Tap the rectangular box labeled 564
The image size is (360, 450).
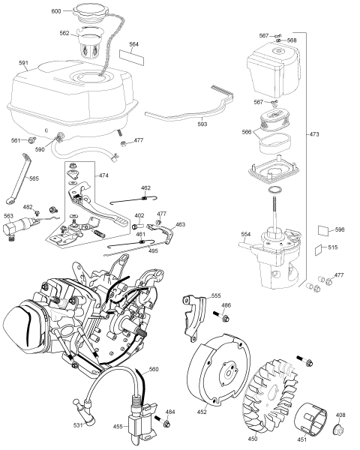tap(134, 50)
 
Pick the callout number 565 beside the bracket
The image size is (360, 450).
tap(34, 178)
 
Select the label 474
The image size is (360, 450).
tap(104, 175)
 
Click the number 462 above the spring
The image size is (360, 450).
tap(146, 187)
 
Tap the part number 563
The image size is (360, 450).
tap(8, 215)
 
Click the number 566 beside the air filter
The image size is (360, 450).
tap(246, 131)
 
